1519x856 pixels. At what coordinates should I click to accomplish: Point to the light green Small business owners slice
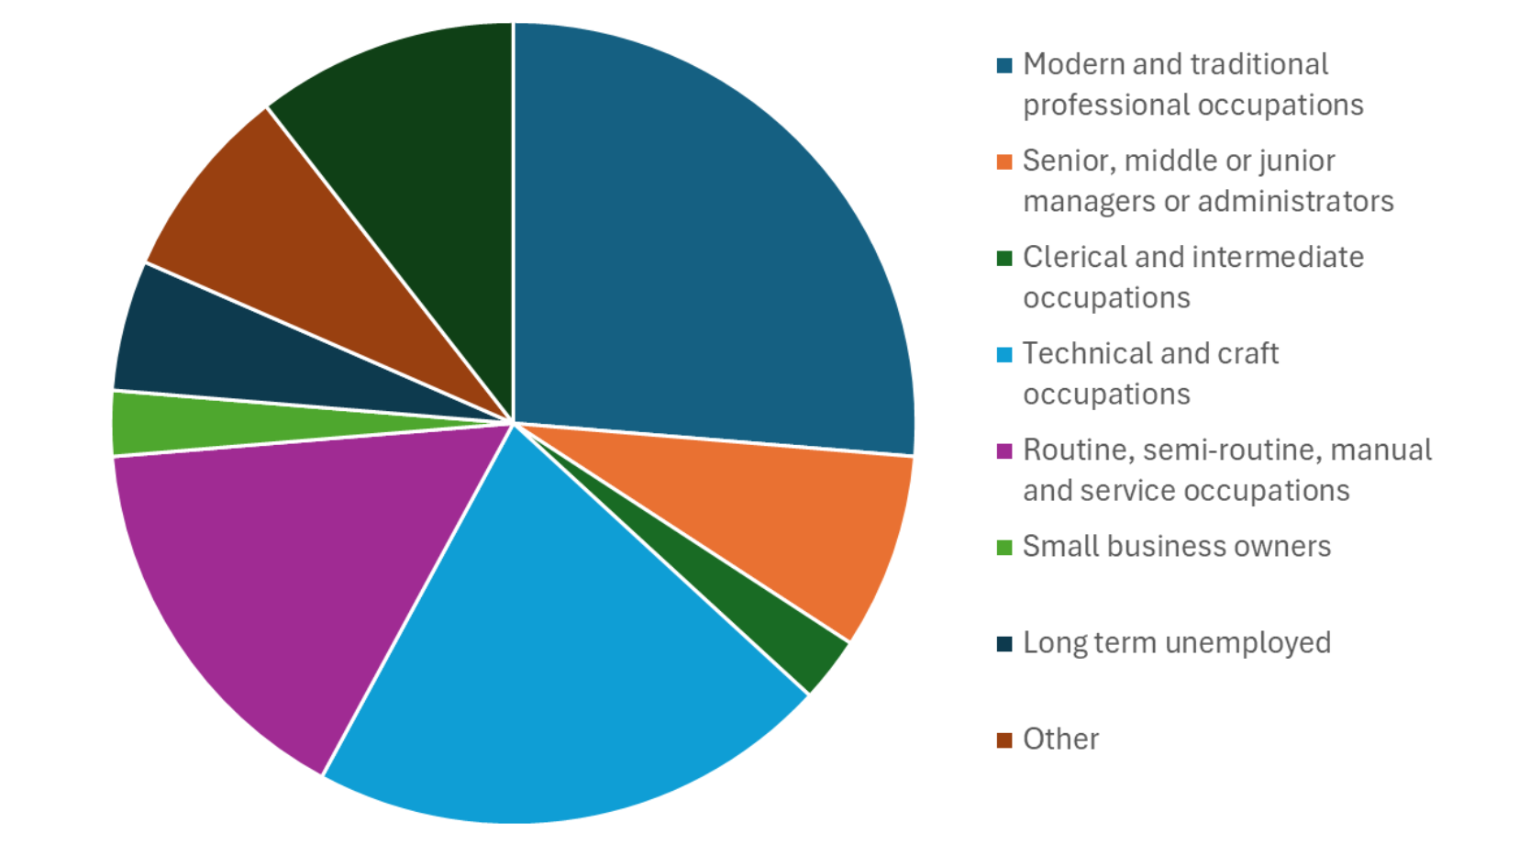coord(183,423)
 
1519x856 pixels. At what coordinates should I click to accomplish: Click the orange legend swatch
coord(1004,161)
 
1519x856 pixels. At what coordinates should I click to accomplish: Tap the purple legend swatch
coord(1004,450)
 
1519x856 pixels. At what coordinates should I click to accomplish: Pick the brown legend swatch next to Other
coord(1004,739)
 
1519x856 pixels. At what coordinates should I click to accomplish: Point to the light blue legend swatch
coord(1004,354)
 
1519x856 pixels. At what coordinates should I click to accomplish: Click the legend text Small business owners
coord(1176,546)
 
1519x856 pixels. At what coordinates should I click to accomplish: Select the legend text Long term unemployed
coord(1176,642)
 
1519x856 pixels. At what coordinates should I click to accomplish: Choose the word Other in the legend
coord(1060,739)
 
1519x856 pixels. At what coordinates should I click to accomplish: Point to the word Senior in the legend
coord(1067,161)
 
